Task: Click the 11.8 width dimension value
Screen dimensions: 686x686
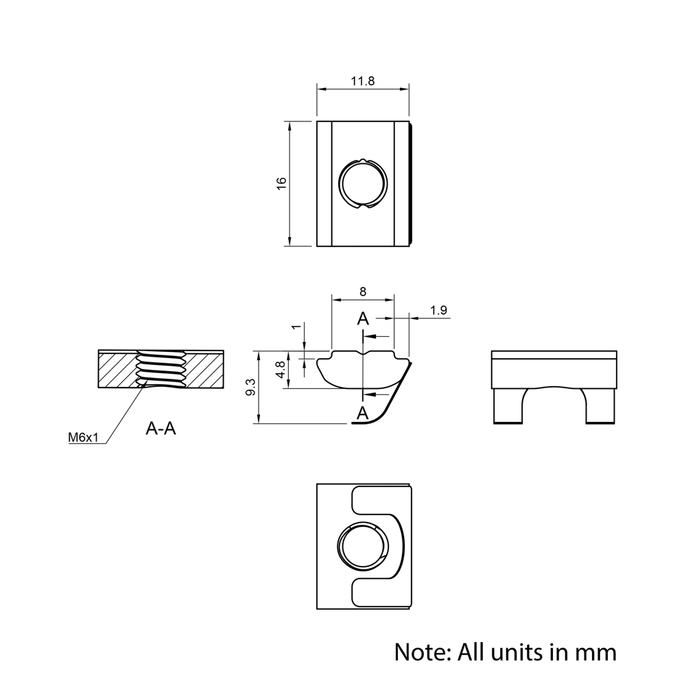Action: tap(363, 80)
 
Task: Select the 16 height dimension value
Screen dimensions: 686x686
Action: tap(281, 183)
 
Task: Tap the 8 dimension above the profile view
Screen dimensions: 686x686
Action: tap(363, 292)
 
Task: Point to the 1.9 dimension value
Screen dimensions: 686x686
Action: tap(439, 310)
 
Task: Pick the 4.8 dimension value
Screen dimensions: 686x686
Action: tap(279, 371)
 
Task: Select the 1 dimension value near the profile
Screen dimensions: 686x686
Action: tap(296, 327)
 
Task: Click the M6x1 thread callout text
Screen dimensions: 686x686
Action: tap(84, 437)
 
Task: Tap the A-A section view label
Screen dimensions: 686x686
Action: tap(161, 429)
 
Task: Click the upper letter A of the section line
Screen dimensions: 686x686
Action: tap(363, 318)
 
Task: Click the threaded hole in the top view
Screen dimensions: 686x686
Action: tap(364, 183)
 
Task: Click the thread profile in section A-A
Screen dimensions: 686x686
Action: tap(162, 370)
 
